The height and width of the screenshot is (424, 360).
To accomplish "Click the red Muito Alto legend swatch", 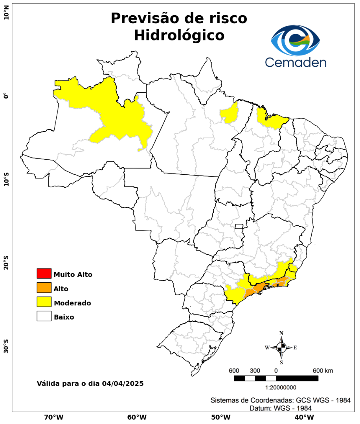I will (44, 273).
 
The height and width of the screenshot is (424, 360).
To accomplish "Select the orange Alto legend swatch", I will (44, 288).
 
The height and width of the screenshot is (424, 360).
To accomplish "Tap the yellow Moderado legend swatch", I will (44, 302).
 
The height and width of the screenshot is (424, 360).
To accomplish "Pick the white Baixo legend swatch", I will (44, 316).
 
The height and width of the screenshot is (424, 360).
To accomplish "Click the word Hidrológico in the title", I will (179, 35).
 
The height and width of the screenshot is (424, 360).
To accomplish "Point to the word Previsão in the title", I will (143, 18).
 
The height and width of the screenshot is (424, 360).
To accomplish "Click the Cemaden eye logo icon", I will (296, 41).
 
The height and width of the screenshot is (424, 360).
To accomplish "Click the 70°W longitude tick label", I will (53, 417).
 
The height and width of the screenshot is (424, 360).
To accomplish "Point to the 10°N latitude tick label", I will (6, 15).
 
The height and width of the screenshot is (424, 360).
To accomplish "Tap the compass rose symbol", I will (281, 347).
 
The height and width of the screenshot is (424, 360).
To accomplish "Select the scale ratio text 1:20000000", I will (281, 388).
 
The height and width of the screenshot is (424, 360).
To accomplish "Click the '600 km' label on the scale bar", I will (323, 371).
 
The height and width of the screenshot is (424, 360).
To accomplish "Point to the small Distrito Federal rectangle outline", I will (239, 226).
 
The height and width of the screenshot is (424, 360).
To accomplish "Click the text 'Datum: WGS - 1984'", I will (281, 408).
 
